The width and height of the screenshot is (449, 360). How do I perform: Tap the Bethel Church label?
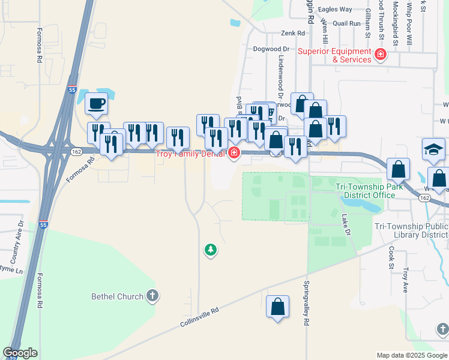coord(117,296)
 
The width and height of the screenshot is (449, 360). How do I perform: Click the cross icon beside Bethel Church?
coord(152,296)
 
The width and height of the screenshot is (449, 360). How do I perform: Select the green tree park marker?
coord(210,249)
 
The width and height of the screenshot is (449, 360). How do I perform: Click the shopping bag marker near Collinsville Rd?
coord(278,307)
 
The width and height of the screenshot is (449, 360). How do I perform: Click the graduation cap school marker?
coord(434,149)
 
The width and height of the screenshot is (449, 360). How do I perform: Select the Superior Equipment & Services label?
coord(336,55)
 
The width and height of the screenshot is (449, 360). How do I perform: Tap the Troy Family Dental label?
coord(190,154)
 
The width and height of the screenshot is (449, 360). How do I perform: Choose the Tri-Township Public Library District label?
coord(411,230)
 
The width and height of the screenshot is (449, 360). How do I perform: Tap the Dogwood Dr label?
coord(271,49)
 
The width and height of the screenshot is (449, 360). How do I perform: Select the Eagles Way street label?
coord(335,10)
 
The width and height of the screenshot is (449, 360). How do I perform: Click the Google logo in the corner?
coord(20,353)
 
